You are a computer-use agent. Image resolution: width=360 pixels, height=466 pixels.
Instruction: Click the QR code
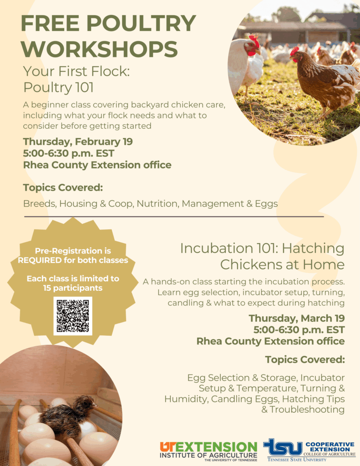[x=72, y=316]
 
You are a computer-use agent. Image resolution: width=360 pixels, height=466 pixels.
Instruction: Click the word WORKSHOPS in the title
[x=99, y=49]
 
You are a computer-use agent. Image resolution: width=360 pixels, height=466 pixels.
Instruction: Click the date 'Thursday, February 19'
[x=78, y=142]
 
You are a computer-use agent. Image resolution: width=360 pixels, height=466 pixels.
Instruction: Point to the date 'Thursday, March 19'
[x=296, y=318]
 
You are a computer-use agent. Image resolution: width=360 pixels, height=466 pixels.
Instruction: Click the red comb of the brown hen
[x=294, y=51]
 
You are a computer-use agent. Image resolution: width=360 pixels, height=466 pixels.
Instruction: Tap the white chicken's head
[x=250, y=47]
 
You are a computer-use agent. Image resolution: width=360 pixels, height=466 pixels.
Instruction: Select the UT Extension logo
[x=208, y=451]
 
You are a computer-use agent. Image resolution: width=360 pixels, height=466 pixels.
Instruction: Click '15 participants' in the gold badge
[x=73, y=288]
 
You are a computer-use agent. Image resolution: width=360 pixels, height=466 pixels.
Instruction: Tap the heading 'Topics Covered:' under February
[x=63, y=187]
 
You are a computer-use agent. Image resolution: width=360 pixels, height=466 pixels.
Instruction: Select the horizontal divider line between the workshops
[x=173, y=217]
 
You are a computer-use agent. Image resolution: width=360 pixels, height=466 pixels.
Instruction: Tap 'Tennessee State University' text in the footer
[x=296, y=460]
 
